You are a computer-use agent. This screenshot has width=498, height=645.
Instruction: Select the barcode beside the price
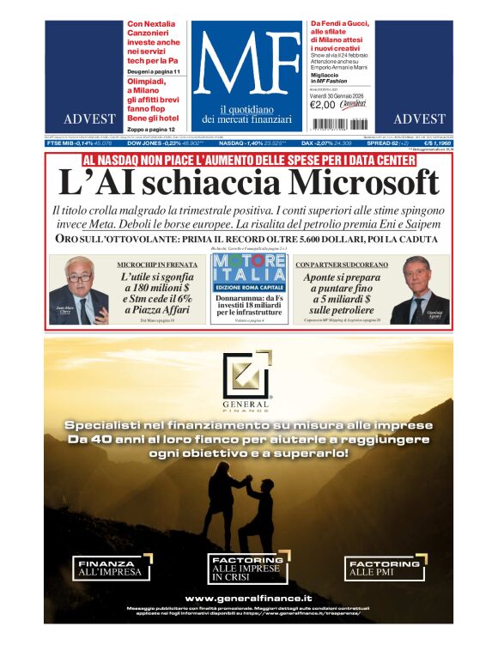pos(352,104)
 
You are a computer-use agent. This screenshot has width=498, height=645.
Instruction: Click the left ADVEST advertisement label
pos(88,119)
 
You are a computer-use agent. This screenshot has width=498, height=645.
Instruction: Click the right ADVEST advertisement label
pos(419,119)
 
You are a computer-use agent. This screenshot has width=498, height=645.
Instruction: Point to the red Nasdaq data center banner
pos(248,160)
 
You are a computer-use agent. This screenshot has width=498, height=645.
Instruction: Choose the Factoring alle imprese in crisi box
pos(247,569)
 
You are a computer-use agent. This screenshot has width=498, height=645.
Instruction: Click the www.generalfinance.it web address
pos(248,598)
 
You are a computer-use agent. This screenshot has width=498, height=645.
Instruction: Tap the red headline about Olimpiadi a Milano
pos(153,89)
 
